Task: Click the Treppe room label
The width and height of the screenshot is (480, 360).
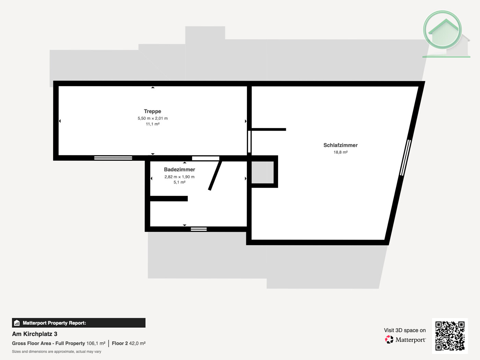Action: pos(153,111)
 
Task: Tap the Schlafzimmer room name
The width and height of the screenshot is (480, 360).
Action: pos(340,145)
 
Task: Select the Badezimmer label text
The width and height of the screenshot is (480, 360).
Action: pos(179,170)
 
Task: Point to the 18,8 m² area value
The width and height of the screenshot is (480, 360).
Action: pos(340,152)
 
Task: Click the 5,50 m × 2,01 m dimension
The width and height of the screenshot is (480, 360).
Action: pos(153,118)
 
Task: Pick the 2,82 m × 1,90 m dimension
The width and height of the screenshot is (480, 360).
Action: pos(179,177)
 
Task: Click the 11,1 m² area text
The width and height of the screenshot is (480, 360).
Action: pos(153,124)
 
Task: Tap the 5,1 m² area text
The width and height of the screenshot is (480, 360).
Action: pos(179,182)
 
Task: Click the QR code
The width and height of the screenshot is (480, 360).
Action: pos(450,336)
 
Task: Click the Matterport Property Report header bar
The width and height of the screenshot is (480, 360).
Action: pos(79,323)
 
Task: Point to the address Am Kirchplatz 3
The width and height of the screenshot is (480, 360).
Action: pos(35,334)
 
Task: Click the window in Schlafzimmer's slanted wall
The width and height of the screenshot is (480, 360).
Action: pos(405,158)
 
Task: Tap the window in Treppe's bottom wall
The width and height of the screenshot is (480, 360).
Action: pos(113,158)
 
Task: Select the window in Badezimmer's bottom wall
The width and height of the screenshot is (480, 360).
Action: pos(199,229)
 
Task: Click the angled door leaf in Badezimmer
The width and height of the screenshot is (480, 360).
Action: pos(215,176)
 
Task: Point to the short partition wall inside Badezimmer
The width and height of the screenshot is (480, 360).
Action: pos(169,199)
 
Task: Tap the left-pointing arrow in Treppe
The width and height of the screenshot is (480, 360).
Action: pos(60,121)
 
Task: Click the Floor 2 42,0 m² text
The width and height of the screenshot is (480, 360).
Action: pos(129,343)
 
